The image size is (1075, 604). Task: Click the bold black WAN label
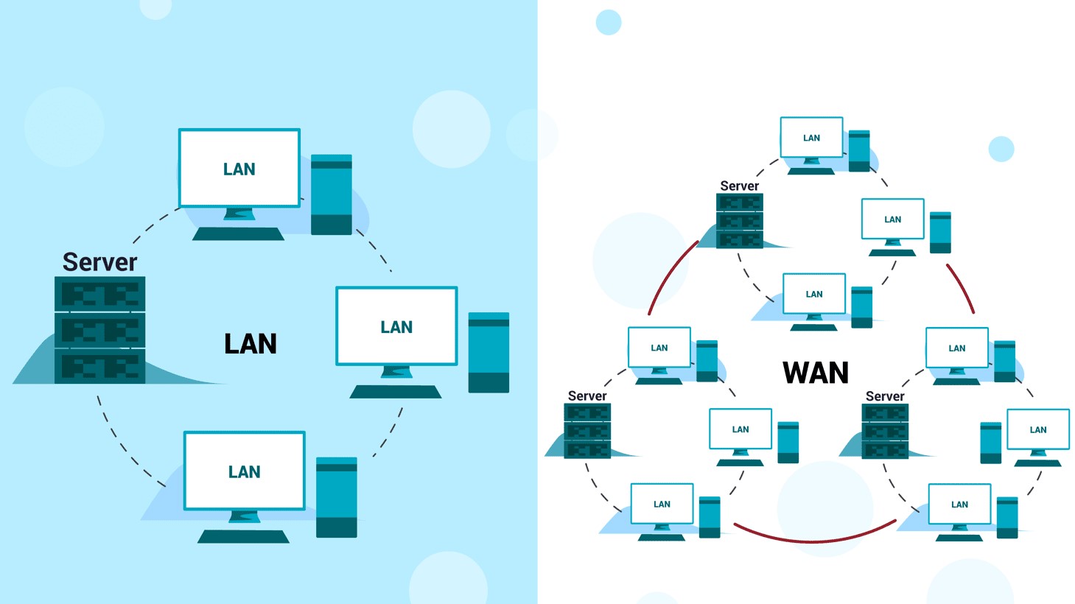(x=815, y=373)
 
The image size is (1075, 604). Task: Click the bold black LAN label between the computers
(x=251, y=344)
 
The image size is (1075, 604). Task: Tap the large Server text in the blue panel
(x=99, y=262)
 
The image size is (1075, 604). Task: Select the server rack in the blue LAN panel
(x=99, y=329)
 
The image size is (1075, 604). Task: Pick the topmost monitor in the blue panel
(x=239, y=169)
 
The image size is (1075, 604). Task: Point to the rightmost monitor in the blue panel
(x=396, y=326)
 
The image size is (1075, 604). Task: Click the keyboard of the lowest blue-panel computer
(x=243, y=536)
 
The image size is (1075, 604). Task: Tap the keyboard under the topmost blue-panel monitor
(x=238, y=233)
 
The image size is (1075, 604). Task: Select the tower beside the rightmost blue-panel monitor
(x=489, y=352)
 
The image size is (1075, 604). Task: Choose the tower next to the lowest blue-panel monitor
(x=337, y=497)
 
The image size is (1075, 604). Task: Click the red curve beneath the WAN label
(x=814, y=537)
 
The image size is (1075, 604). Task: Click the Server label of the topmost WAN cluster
(x=739, y=186)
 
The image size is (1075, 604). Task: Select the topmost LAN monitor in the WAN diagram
(x=811, y=138)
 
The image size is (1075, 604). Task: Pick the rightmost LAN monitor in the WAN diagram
(x=1038, y=429)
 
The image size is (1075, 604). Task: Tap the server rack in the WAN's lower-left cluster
(x=587, y=431)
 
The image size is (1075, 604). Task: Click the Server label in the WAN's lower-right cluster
(x=884, y=396)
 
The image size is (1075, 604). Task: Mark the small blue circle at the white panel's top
(x=609, y=22)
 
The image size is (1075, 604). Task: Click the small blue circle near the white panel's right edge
(x=1001, y=149)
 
